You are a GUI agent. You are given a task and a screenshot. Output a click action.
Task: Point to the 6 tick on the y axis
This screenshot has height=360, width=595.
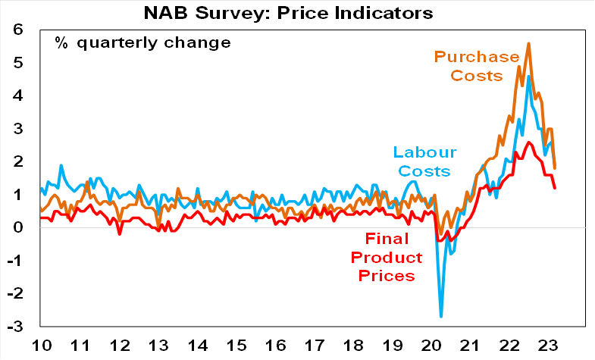17,30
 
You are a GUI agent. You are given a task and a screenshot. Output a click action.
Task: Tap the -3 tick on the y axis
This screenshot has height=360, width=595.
14,327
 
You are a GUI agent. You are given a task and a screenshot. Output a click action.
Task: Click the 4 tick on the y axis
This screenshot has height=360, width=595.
17,96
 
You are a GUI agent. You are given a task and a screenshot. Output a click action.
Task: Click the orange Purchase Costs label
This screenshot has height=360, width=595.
478,67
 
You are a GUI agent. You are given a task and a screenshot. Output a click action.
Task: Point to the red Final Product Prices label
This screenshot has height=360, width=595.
383,259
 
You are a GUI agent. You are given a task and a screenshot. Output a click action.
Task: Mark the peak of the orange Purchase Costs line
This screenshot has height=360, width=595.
528,44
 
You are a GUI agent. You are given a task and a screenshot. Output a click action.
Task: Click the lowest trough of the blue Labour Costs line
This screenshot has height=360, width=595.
441,316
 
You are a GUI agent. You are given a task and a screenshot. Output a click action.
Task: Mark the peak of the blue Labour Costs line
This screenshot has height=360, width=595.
528,77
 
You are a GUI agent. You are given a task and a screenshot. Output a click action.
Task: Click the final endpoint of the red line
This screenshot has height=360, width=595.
555,188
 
